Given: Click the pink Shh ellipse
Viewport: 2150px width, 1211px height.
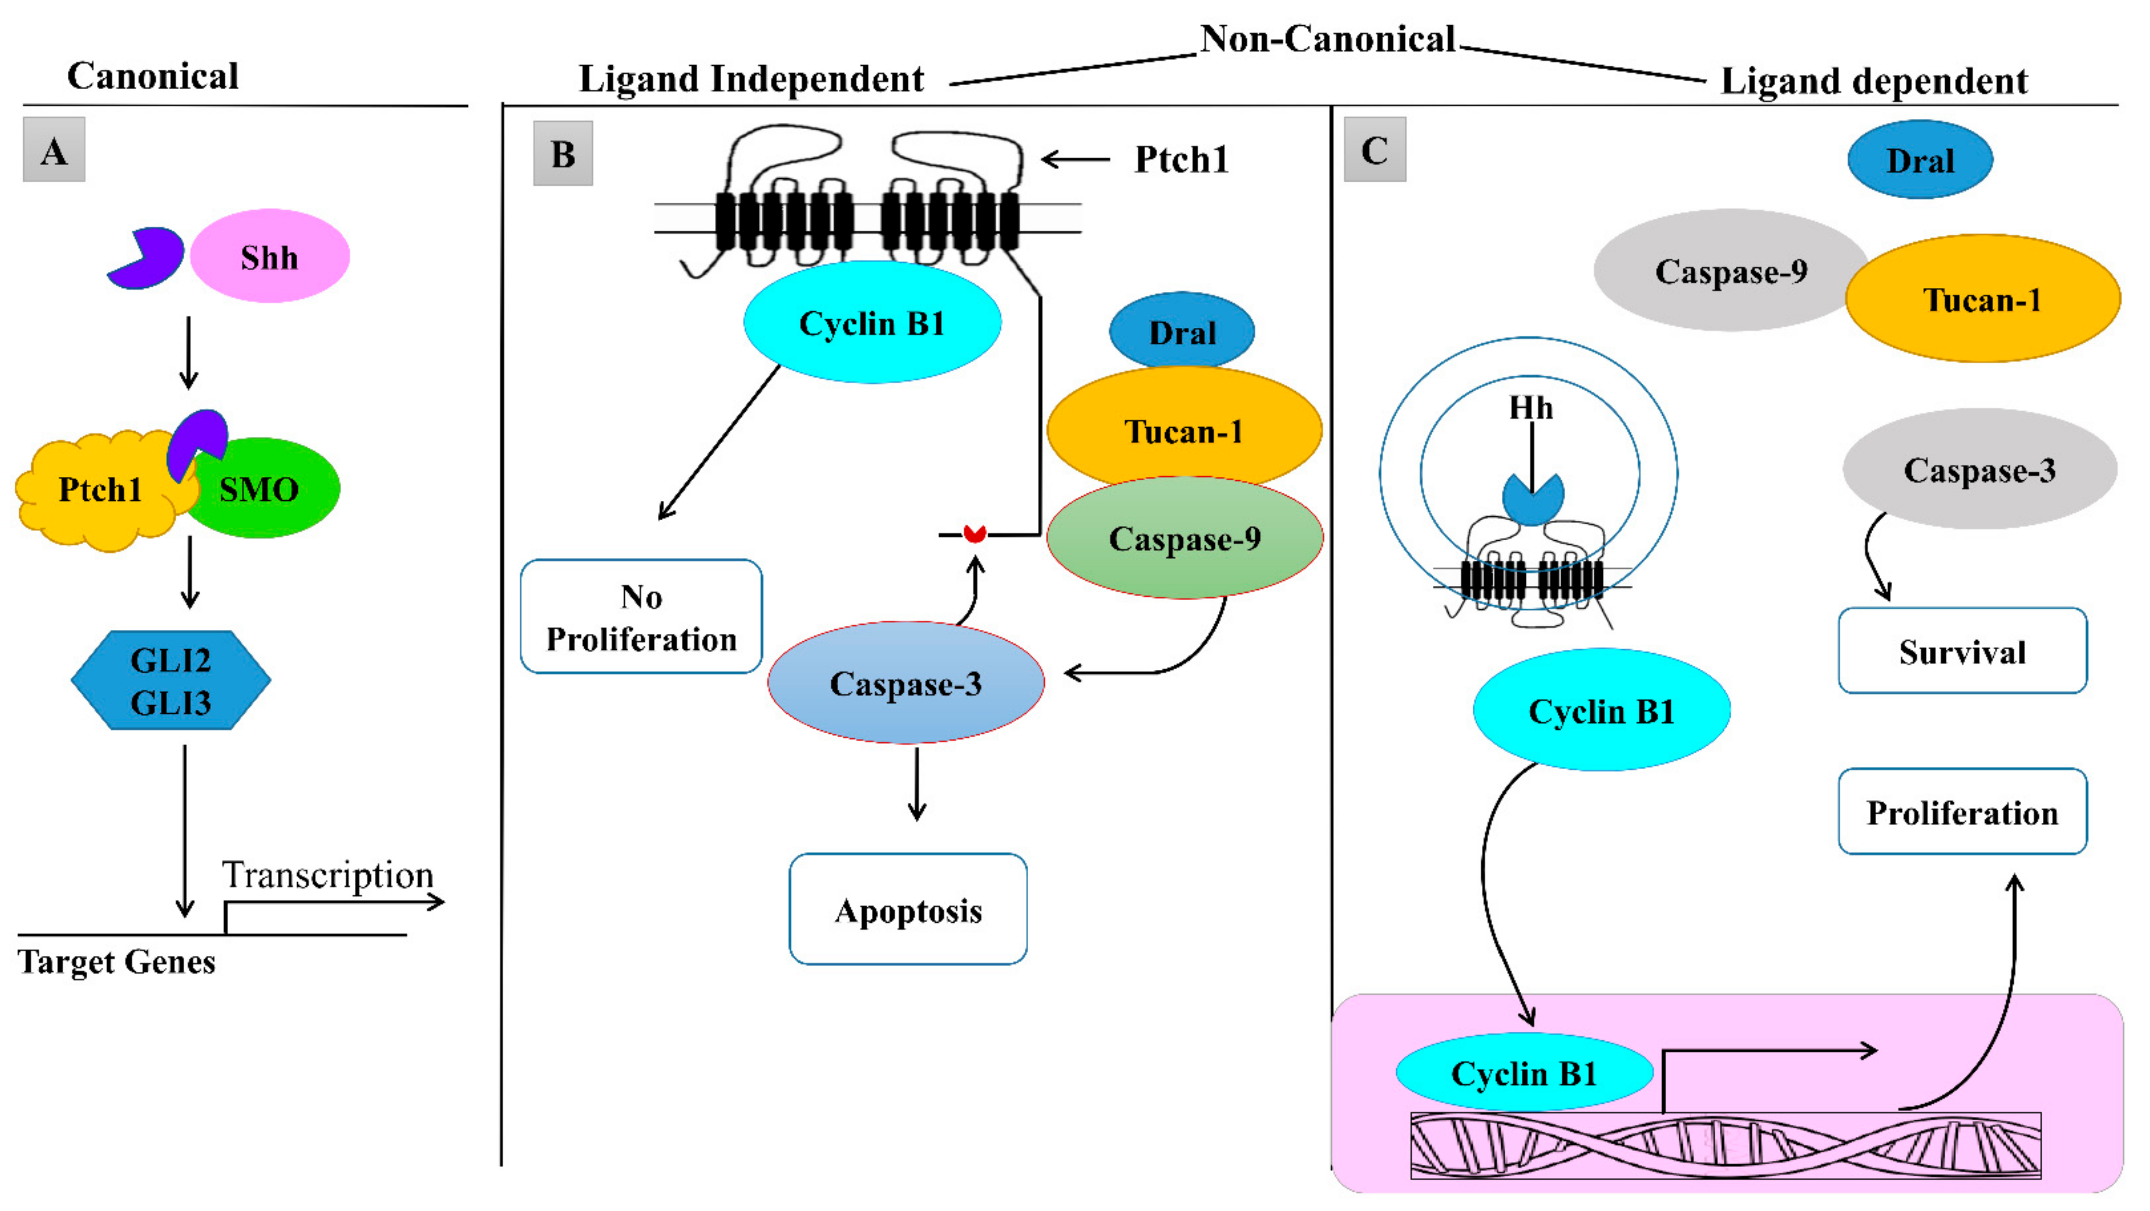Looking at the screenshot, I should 269,256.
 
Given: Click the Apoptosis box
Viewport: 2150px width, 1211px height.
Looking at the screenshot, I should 908,909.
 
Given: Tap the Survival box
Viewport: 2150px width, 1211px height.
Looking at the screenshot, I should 1962,651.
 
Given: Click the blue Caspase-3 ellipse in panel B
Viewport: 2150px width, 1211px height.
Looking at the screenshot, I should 905,682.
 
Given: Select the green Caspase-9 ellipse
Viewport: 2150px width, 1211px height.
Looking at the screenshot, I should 1184,538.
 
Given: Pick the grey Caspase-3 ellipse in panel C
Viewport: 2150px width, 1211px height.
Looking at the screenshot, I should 1979,470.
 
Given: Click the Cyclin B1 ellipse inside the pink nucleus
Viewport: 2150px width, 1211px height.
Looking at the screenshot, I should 1524,1073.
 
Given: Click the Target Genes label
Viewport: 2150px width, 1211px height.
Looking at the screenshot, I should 117,962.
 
